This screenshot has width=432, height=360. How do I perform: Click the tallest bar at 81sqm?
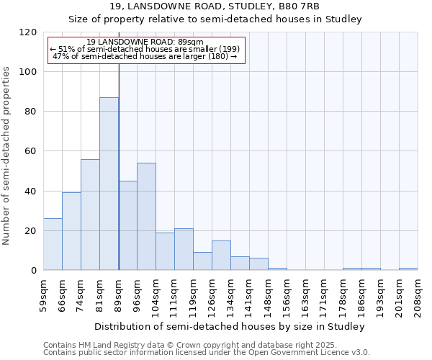pyautogui.click(x=109, y=184)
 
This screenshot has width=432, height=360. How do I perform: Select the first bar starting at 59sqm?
pyautogui.click(x=53, y=244)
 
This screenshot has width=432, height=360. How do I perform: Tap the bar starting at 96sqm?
pyautogui.click(x=146, y=216)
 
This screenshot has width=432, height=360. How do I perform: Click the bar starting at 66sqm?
pyautogui.click(x=71, y=231)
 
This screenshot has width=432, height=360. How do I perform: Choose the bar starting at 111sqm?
pyautogui.click(x=184, y=249)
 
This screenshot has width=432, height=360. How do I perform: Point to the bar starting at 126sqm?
pyautogui.click(x=221, y=256)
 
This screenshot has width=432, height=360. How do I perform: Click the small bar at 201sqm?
pyautogui.click(x=408, y=269)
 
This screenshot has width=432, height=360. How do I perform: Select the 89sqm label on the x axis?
pyautogui.click(x=118, y=291)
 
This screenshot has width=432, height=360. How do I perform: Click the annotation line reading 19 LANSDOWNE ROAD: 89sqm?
pyautogui.click(x=147, y=42)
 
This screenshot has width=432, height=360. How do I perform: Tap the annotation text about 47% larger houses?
pyautogui.click(x=145, y=56)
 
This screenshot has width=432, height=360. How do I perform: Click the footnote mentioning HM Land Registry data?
pyautogui.click(x=180, y=345)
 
